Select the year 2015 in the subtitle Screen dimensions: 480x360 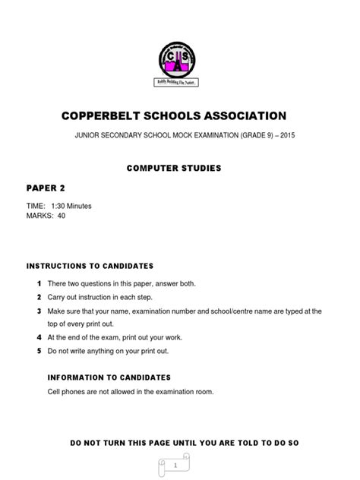(302, 137)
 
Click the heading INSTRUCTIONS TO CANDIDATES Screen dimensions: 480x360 (90, 266)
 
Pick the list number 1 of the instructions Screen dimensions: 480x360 (38, 283)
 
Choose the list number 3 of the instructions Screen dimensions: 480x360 (38, 311)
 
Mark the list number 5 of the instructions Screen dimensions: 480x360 (38, 352)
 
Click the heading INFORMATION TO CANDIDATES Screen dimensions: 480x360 (109, 377)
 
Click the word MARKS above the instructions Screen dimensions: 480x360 (39, 216)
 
